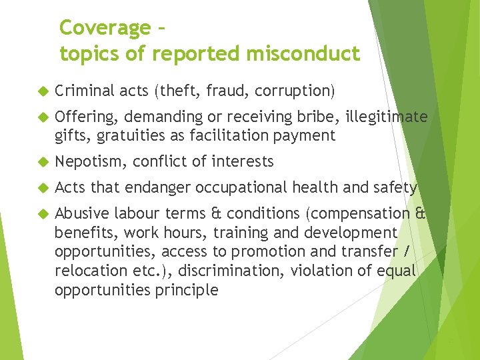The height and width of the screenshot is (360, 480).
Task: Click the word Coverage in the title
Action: point(105,28)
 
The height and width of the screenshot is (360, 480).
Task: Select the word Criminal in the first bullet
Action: point(85,91)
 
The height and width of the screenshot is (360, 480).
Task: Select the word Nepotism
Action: point(91,161)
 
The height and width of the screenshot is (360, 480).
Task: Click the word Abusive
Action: point(82,214)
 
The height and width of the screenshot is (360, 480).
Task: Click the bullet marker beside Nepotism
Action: point(44,162)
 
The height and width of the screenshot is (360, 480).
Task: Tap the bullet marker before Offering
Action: point(44,117)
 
